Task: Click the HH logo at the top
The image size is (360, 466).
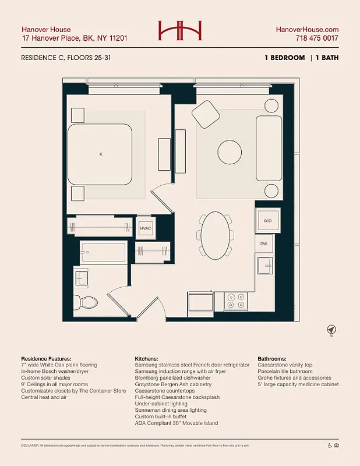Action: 180,31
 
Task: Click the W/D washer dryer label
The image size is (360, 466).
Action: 267,221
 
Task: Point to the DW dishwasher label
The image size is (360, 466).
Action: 263,243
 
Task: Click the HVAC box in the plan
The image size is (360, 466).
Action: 145,228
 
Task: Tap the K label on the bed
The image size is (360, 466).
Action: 101,154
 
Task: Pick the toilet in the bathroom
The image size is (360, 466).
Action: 88,302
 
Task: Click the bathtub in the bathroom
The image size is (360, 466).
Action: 103,253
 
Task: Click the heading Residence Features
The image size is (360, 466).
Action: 46,359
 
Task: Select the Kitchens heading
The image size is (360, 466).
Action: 149,359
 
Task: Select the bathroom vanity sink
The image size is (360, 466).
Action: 80,278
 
